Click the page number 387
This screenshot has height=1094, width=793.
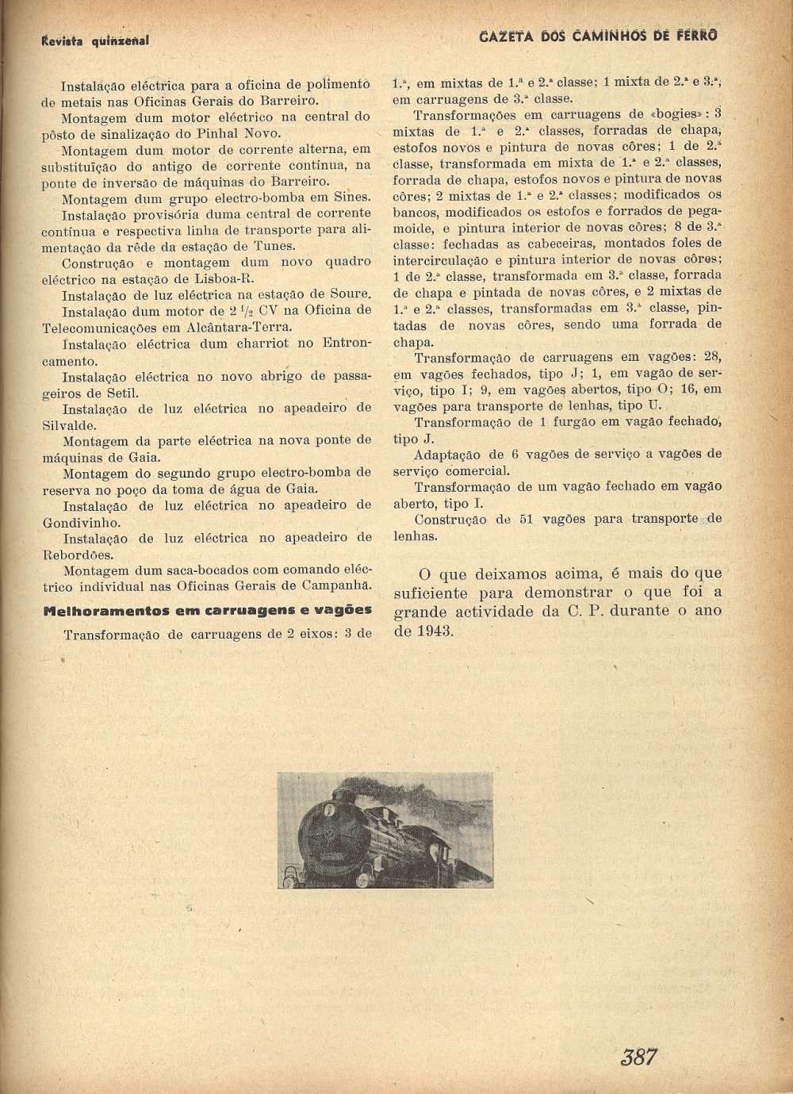[x=638, y=1056]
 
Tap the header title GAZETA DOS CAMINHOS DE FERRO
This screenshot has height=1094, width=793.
[x=599, y=36]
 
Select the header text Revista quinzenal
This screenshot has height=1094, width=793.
[x=94, y=40]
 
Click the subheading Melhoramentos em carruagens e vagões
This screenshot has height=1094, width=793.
[x=207, y=610]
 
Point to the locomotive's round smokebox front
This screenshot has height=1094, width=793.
[x=323, y=833]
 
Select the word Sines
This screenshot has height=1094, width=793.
[x=351, y=197]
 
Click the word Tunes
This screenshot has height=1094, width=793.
[x=274, y=246]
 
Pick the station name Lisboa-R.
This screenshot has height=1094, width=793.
[x=224, y=278]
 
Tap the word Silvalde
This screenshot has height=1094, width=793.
[x=69, y=425]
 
